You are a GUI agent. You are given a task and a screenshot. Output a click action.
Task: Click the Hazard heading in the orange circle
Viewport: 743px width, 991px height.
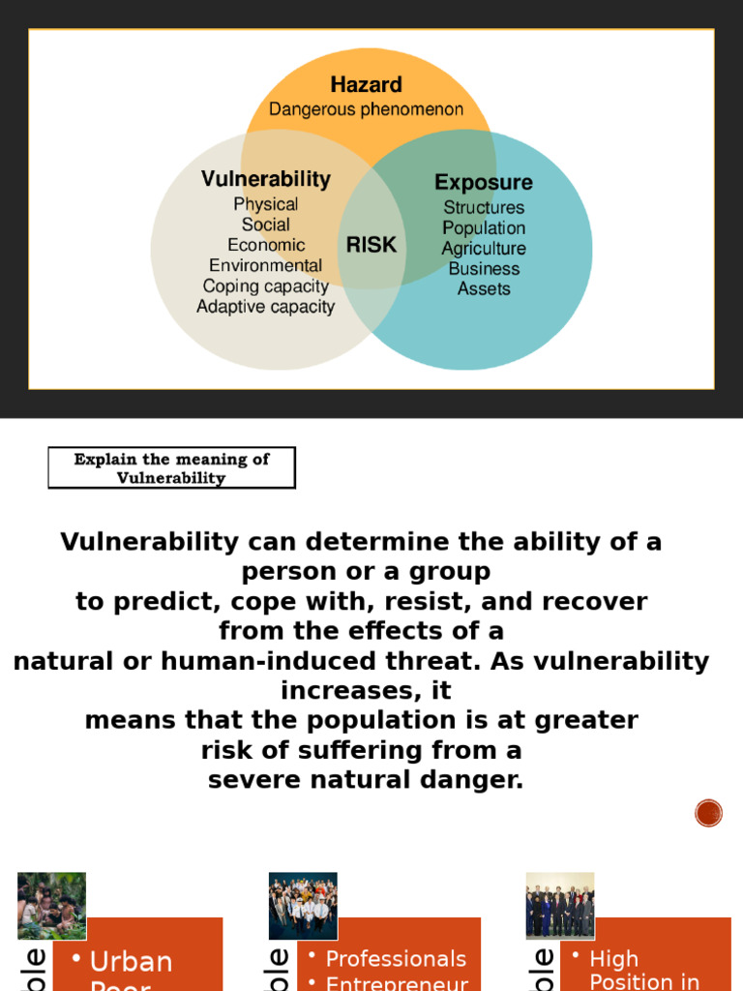click(366, 85)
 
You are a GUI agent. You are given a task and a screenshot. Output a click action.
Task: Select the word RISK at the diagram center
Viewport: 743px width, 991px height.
click(371, 246)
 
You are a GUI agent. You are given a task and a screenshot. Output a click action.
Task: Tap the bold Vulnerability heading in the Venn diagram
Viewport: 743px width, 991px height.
click(265, 179)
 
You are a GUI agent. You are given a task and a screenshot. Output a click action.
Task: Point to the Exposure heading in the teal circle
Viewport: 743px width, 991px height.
click(483, 183)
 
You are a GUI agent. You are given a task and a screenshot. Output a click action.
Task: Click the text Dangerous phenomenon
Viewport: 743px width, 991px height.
click(366, 109)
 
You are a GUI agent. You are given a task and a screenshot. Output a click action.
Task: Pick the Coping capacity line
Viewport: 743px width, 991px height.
click(265, 286)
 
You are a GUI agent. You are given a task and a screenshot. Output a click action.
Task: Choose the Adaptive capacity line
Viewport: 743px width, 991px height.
click(265, 307)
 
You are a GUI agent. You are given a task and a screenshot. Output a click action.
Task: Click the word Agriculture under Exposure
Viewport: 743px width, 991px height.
click(484, 249)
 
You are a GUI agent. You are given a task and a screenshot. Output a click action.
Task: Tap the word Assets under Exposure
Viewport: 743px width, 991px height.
click(484, 288)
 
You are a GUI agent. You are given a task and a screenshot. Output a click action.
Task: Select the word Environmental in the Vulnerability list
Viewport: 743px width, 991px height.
click(265, 265)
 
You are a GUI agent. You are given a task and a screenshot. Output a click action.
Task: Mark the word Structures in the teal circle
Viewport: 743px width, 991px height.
click(484, 207)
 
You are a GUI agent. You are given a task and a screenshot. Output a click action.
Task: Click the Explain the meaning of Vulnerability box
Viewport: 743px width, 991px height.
click(171, 468)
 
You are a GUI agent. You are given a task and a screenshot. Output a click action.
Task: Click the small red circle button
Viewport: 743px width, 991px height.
click(708, 813)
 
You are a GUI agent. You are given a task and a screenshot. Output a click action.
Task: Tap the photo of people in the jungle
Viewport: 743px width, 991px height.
click(51, 906)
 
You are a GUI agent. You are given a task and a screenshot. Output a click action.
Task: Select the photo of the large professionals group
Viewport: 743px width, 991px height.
click(303, 906)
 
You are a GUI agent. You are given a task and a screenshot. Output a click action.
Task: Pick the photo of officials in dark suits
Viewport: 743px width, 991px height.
click(559, 906)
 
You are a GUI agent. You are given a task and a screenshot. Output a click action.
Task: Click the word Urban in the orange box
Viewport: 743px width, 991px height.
click(131, 962)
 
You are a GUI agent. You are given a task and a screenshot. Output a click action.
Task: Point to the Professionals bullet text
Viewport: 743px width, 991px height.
click(396, 959)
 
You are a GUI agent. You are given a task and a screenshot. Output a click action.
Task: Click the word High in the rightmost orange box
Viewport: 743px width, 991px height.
click(613, 959)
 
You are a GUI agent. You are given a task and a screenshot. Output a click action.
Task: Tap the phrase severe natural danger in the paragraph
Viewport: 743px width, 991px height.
click(366, 780)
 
